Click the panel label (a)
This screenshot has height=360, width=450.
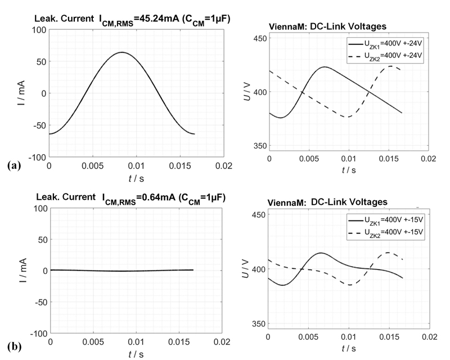pos(11,165)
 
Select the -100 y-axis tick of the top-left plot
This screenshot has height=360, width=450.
pos(35,157)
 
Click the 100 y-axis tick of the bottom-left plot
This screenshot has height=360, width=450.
pos(38,208)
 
